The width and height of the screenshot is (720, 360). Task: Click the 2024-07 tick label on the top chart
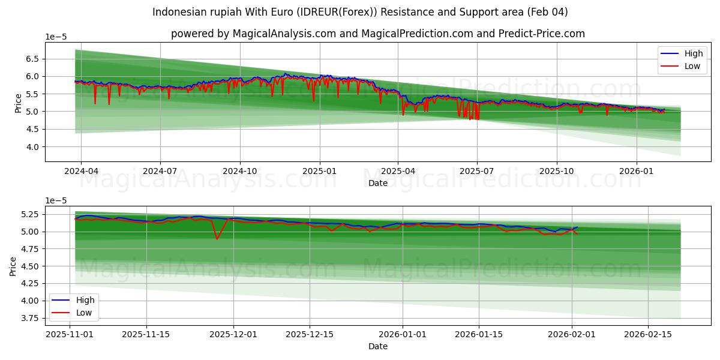click(x=160, y=171)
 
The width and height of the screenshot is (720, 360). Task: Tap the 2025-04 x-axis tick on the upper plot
click(x=398, y=171)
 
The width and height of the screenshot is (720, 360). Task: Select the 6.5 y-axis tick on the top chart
click(x=32, y=59)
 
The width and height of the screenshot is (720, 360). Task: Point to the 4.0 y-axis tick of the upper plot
click(x=32, y=147)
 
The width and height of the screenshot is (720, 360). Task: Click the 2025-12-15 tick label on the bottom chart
click(x=310, y=335)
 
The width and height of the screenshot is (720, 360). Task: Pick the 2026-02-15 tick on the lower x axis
click(x=648, y=335)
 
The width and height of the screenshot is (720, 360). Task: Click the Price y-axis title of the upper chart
click(x=18, y=103)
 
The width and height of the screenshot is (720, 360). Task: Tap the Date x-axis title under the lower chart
click(x=377, y=346)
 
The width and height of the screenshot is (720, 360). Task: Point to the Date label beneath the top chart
click(x=377, y=183)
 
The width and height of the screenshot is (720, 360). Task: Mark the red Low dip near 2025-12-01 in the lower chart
click(x=217, y=239)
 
